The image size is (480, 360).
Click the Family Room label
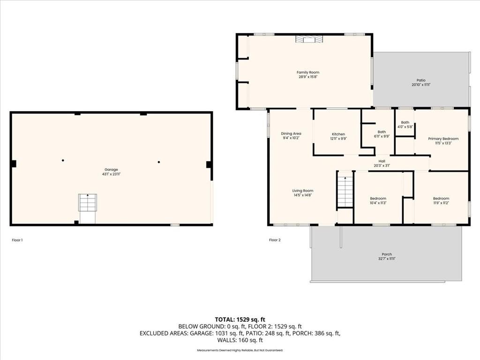tap(308, 73)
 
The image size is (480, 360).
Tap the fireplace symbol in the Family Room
tap(309, 39)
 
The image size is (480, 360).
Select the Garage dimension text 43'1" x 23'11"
tap(111, 174)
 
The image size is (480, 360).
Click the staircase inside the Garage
tap(88, 202)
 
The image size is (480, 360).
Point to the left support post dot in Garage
tap(63, 160)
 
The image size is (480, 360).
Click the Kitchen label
tap(338, 134)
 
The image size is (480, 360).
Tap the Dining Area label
tap(291, 134)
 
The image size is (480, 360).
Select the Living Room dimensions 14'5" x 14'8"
tap(303, 195)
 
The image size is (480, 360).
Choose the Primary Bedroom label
tap(443, 139)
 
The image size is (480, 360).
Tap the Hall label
tap(382, 161)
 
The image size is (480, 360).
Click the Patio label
tap(421, 80)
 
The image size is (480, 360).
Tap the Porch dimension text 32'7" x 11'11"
tap(387, 259)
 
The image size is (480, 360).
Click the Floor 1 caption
tap(17, 240)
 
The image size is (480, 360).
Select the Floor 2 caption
tap(275, 240)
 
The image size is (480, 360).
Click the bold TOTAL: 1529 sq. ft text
tap(240, 320)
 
